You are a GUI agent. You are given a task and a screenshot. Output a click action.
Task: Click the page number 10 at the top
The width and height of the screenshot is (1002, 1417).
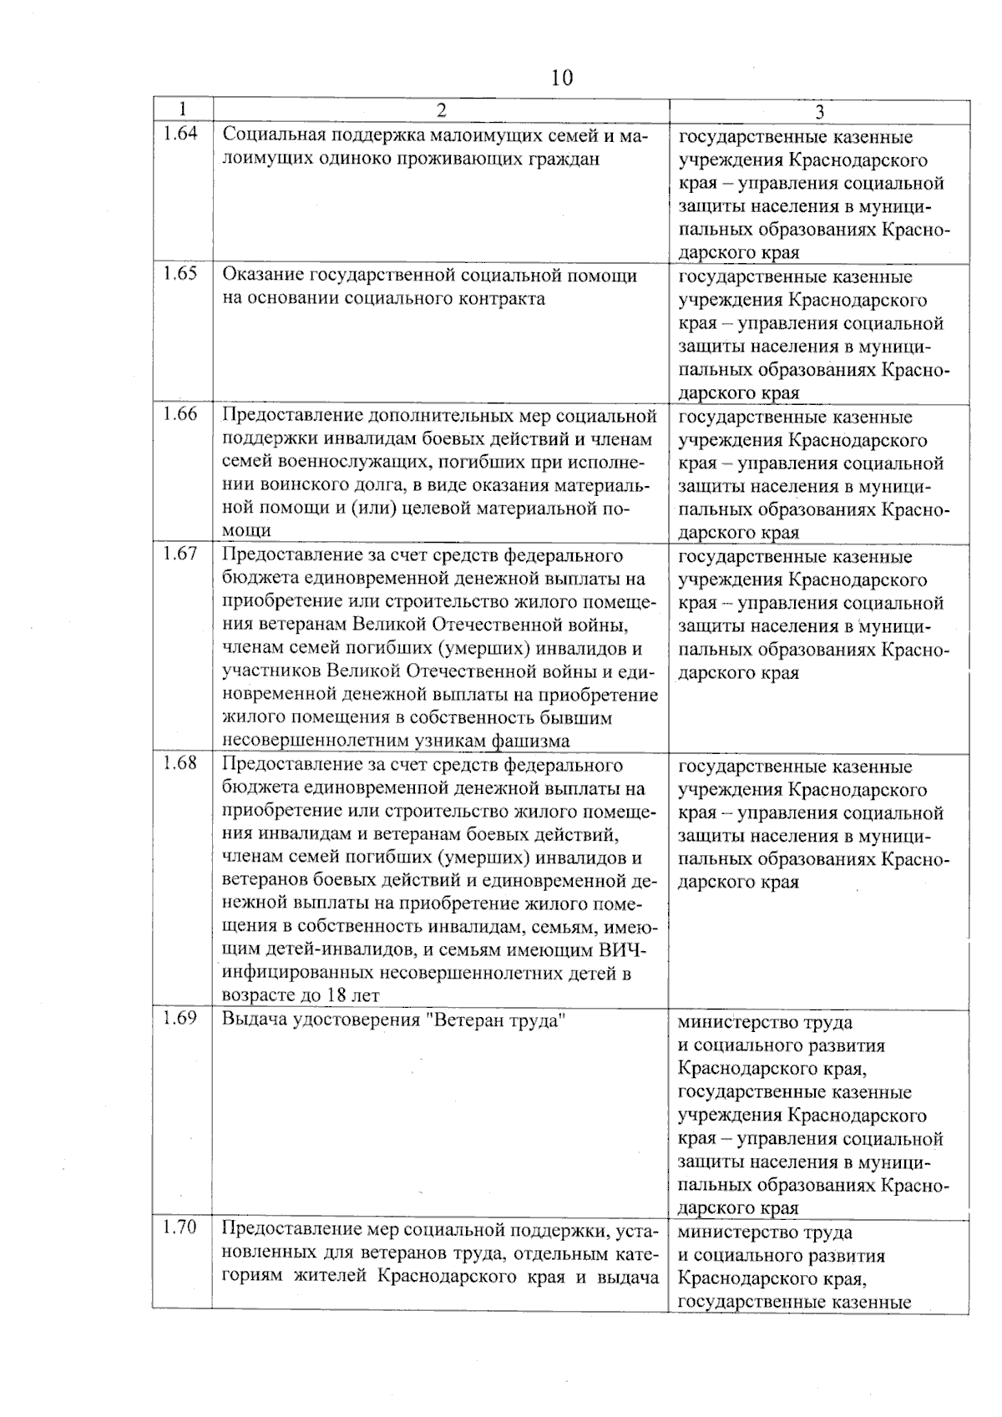point(562,78)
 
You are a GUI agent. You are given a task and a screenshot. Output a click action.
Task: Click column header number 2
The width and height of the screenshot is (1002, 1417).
point(441,111)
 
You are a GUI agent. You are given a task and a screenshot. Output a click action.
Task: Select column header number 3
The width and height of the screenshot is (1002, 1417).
point(819,112)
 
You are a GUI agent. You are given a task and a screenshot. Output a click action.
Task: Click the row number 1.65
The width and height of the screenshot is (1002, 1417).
point(180,273)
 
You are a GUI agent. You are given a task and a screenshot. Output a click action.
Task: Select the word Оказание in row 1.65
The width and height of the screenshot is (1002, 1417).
point(262,276)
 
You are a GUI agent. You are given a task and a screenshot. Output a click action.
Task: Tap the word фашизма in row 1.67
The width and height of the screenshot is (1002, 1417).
point(531,741)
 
